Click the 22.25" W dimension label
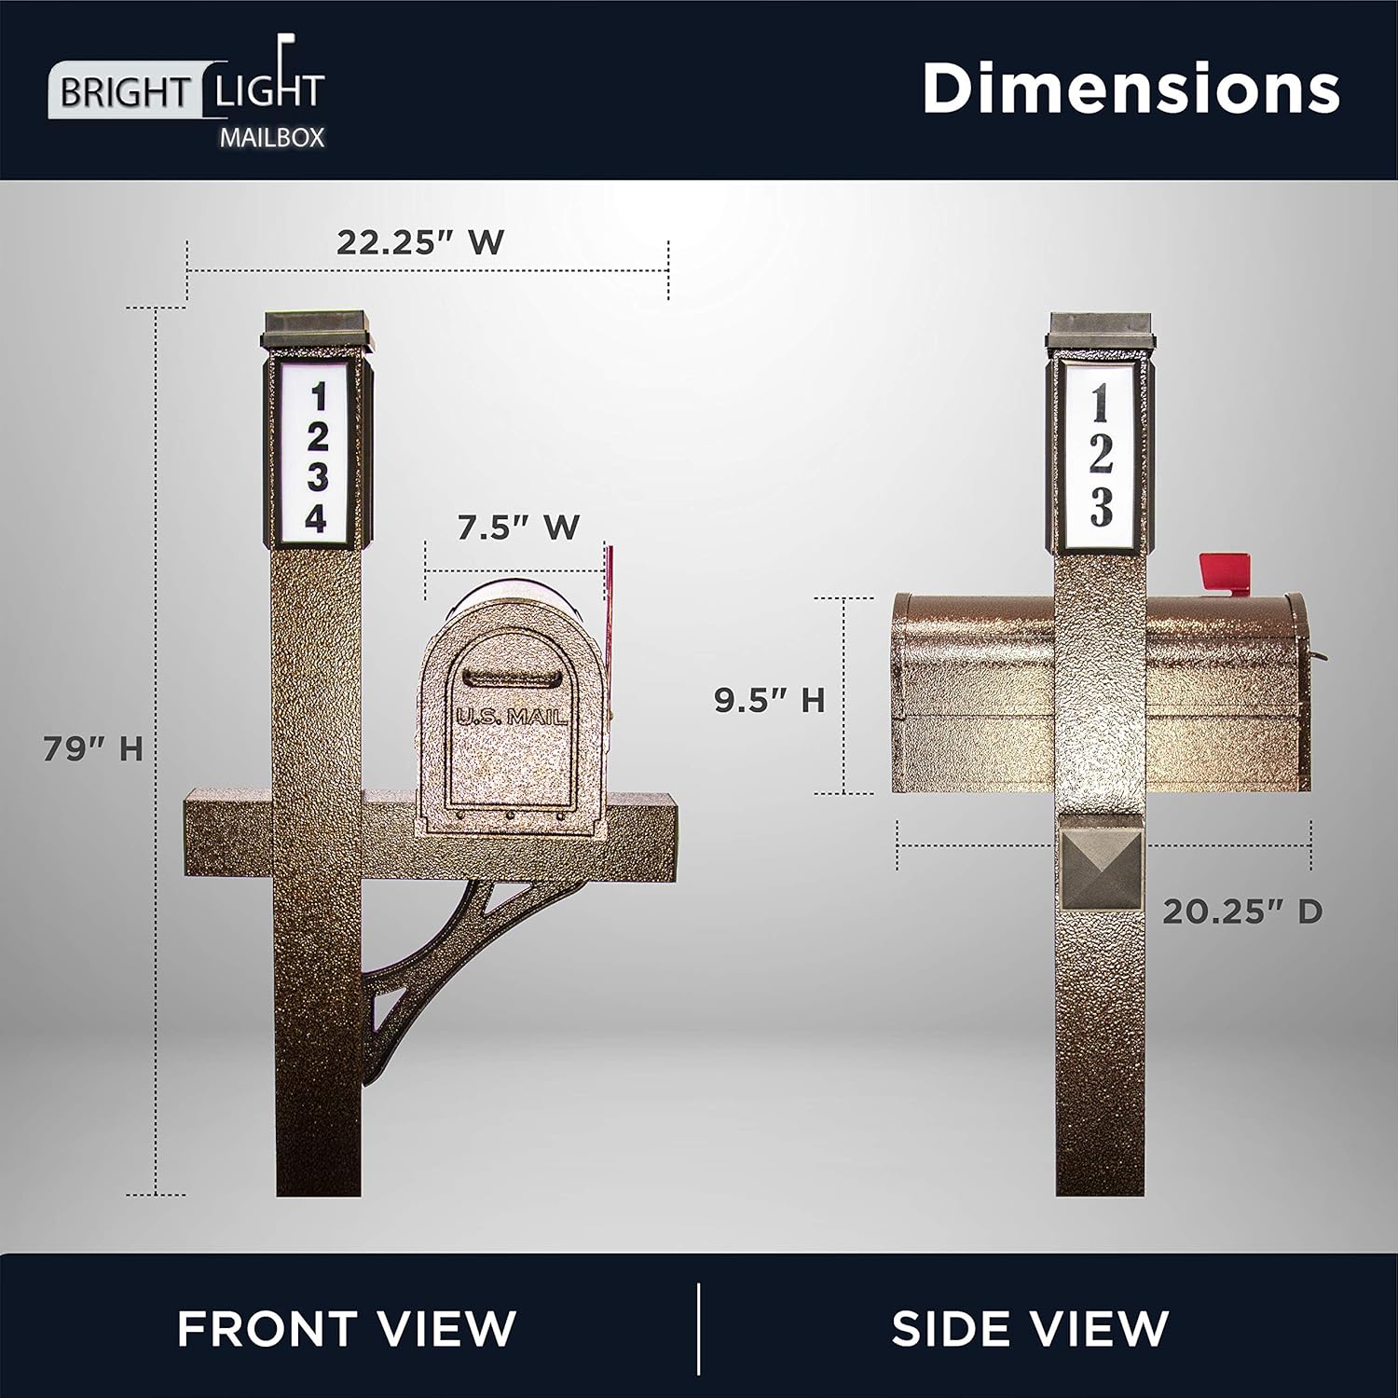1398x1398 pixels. [420, 242]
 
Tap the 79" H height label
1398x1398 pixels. [93, 747]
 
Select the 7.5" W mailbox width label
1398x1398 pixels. [518, 527]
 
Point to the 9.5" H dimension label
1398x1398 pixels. [770, 700]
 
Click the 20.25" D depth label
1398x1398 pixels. [1242, 911]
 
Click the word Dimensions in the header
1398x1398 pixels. [1131, 89]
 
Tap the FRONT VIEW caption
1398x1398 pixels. [347, 1327]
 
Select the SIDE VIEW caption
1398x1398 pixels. [1030, 1327]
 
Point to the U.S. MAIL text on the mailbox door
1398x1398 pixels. [512, 717]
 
